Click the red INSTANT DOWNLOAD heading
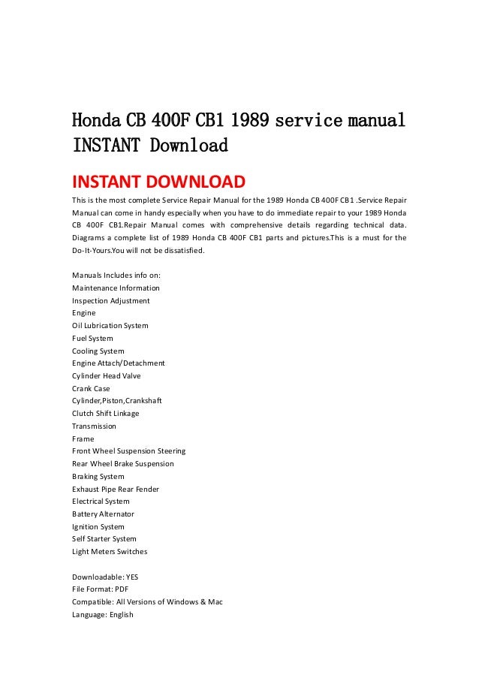(158, 182)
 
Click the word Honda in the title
(95, 121)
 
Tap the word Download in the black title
(188, 146)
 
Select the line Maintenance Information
(116, 288)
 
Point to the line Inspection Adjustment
(110, 300)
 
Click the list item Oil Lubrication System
(110, 326)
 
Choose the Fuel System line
(92, 338)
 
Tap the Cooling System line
(98, 351)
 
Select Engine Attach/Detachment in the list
(118, 363)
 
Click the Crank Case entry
(91, 388)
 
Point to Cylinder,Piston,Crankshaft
(116, 401)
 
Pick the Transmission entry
(94, 426)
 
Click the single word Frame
(83, 438)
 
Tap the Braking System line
(98, 476)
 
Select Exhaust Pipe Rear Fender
(115, 489)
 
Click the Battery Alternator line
(104, 514)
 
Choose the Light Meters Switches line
(110, 551)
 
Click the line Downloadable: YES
(105, 577)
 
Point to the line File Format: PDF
(101, 589)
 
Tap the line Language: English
(102, 614)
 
